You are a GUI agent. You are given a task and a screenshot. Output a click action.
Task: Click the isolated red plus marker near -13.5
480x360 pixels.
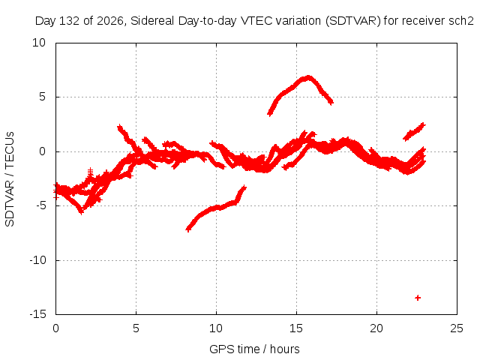(418, 298)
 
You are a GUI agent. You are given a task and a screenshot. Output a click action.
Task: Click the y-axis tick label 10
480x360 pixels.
(39, 43)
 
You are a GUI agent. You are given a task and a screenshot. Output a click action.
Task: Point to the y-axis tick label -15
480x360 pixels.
(38, 314)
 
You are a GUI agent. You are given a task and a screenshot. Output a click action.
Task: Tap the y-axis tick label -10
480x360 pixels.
(38, 260)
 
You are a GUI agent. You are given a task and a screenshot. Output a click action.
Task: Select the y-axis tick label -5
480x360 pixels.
(40, 205)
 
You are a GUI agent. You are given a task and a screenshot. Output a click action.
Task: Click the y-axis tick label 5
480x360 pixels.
(42, 97)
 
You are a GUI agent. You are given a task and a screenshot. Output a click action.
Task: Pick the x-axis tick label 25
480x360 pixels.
(457, 328)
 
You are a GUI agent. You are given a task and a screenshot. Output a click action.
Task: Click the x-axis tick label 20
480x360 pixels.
(376, 328)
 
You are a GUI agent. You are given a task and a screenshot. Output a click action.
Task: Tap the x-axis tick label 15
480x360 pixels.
(296, 328)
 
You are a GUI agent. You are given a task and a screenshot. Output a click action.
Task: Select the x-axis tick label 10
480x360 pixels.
(216, 328)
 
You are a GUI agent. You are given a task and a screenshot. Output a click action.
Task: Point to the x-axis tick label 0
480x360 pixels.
(55, 328)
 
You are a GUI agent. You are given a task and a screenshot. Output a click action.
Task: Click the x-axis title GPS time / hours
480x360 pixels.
(254, 349)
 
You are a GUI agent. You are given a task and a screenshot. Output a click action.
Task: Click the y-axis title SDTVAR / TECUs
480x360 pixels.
(10, 179)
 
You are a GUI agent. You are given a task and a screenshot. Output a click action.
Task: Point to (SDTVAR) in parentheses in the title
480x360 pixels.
(353, 21)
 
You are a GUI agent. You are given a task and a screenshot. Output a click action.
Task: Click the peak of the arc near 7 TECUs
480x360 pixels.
(308, 77)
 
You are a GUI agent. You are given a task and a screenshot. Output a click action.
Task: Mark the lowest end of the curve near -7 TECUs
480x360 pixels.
(188, 229)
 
